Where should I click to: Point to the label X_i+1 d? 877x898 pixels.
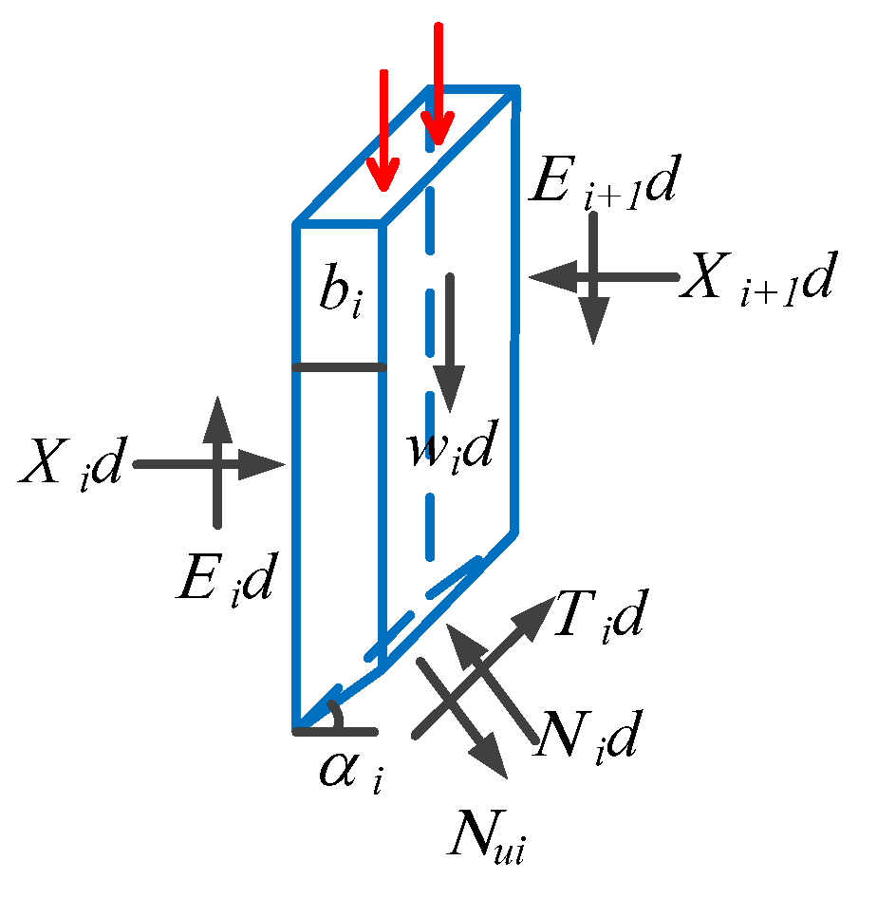(755, 277)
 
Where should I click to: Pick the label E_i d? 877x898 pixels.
(225, 581)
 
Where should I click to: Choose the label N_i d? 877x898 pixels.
(583, 735)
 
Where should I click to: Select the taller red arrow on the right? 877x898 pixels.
(438, 85)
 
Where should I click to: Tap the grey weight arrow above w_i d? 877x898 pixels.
(448, 342)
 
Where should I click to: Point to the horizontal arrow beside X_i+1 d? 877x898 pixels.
(604, 277)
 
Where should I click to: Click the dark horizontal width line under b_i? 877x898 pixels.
(339, 366)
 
